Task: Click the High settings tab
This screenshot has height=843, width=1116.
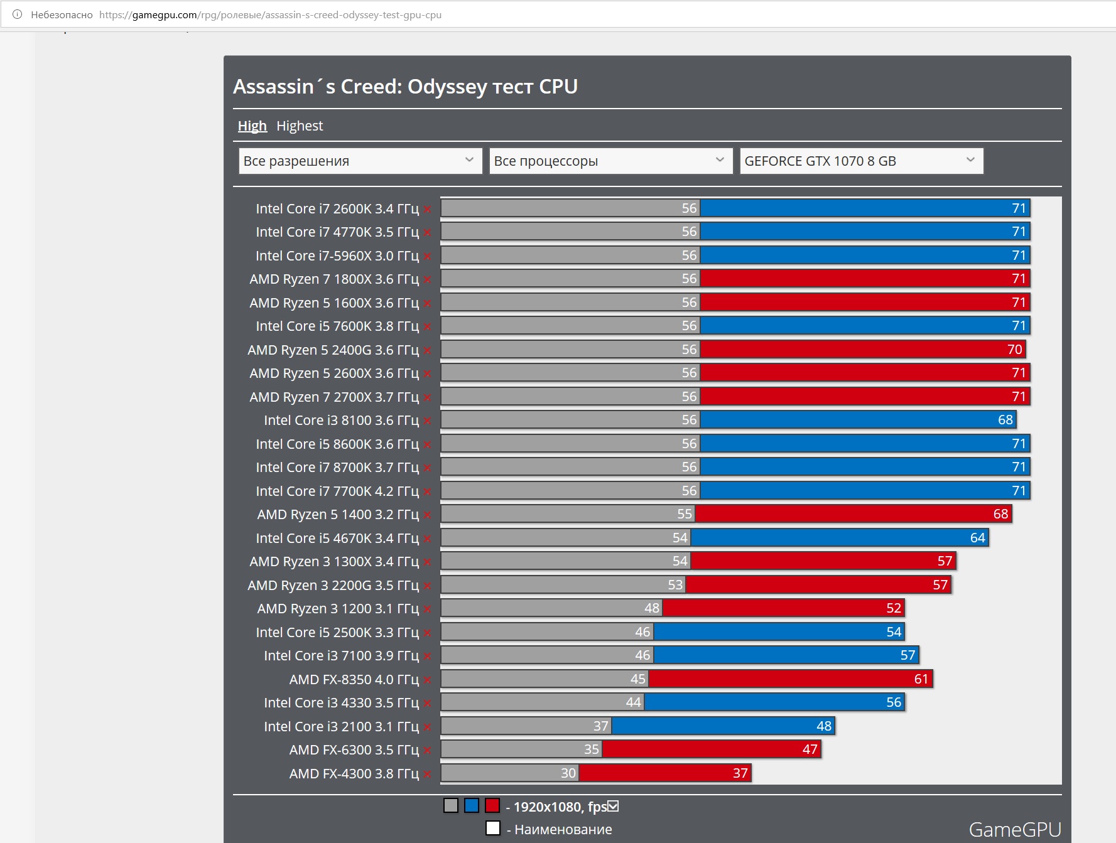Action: point(252,126)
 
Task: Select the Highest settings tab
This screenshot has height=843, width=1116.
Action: point(300,126)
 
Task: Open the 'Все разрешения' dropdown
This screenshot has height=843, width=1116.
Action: point(360,161)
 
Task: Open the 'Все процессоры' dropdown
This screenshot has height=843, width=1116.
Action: point(610,161)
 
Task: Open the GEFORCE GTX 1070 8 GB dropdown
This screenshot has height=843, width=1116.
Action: point(861,161)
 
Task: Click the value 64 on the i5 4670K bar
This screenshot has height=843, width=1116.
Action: point(977,538)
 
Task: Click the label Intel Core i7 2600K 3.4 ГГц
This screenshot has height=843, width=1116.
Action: point(337,208)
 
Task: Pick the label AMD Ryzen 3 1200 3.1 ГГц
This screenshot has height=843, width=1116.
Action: point(337,609)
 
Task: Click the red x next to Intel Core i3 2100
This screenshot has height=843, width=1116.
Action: point(427,728)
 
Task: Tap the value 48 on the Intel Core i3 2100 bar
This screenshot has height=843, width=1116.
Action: point(823,726)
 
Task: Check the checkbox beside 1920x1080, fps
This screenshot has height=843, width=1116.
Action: point(613,806)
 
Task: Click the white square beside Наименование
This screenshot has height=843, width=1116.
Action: point(493,829)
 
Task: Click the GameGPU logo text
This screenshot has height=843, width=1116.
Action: point(1014,830)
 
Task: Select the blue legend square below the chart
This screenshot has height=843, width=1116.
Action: point(472,805)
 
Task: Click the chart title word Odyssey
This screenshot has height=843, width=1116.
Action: point(447,87)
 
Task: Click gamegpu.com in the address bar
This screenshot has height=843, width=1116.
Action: point(165,15)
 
